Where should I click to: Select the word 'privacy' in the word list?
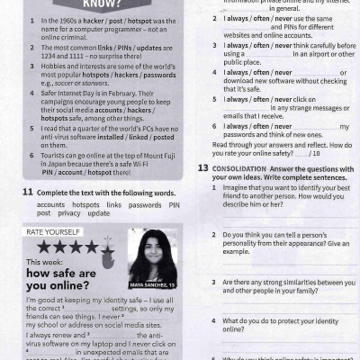69,213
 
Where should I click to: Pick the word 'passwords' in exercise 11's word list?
146,205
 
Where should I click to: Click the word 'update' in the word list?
99,213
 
